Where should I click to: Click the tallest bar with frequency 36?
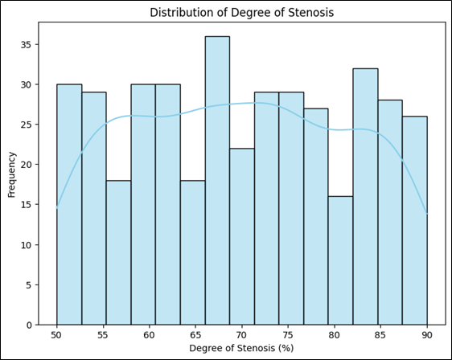[217, 181]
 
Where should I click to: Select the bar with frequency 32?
[365, 197]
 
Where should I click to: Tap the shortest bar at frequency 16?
[341, 260]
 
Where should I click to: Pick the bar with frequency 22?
[242, 237]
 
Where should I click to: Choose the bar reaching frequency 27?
[316, 217]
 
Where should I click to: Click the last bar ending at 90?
[415, 221]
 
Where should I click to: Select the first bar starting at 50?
[69, 204]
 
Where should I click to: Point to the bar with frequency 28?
[390, 212]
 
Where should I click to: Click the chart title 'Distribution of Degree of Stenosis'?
[242, 13]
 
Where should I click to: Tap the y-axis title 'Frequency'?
[11, 175]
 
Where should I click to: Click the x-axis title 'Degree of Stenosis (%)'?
[241, 348]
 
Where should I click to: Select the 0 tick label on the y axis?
[29, 325]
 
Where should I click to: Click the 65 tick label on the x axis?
[195, 335]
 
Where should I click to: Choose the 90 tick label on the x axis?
[427, 335]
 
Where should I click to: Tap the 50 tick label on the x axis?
[57, 335]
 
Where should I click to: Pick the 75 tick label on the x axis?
[288, 335]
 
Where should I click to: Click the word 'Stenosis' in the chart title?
[311, 13]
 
